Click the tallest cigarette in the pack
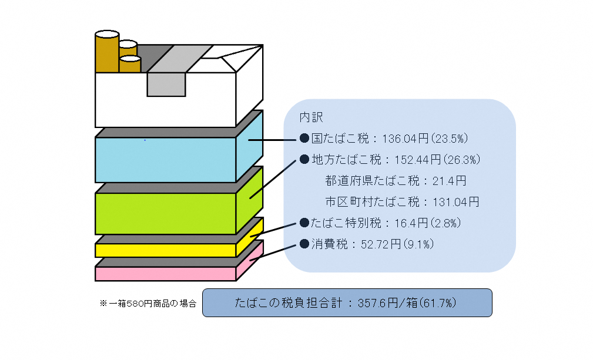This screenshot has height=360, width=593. click(107, 52)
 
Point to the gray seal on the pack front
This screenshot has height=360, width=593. click(166, 84)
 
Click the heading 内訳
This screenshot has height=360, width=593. click(311, 117)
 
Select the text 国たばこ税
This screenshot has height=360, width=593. click(340, 139)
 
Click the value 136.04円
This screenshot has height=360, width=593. click(406, 139)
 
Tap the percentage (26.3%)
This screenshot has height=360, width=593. click(461, 160)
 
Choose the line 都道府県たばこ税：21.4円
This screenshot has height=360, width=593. click(396, 181)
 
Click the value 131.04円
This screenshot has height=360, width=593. click(455, 202)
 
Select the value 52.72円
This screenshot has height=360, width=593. click(381, 244)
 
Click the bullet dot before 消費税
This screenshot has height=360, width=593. click(304, 244)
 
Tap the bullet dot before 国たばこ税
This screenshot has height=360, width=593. click(304, 138)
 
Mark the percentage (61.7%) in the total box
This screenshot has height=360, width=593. click(438, 303)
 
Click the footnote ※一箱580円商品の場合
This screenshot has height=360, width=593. click(148, 304)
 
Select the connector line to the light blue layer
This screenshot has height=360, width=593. click(272, 140)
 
